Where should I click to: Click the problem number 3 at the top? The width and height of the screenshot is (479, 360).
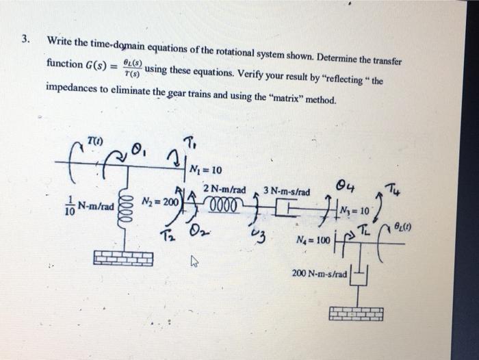point(25,38)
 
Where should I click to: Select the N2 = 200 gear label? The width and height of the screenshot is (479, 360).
point(158,203)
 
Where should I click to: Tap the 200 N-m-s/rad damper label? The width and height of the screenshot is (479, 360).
point(320,273)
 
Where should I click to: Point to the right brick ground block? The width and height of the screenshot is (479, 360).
point(355,313)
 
